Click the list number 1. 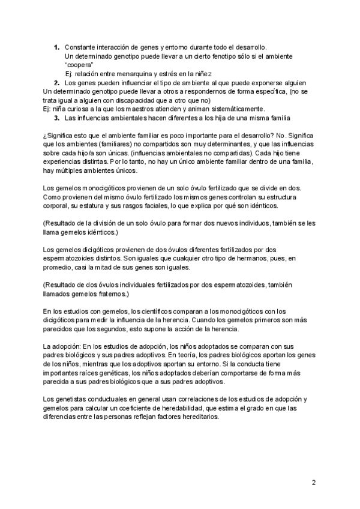click(56, 47)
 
